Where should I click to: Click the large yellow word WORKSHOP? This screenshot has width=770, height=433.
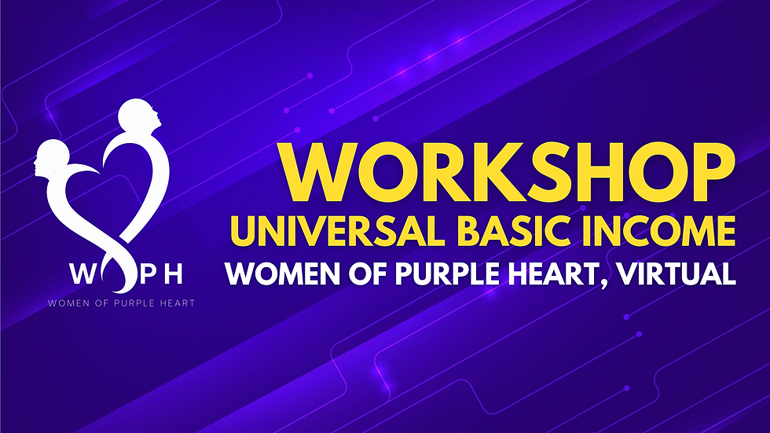click(x=508, y=175)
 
